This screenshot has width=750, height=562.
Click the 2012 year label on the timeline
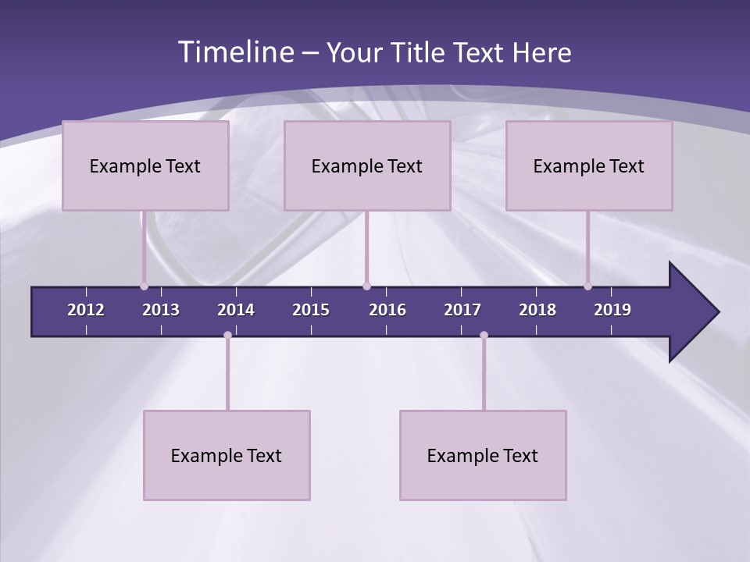coord(86,310)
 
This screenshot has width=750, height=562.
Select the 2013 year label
coord(161,310)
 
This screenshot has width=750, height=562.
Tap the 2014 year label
coord(236,310)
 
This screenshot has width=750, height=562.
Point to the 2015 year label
coord(311,310)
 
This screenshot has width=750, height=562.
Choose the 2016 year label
coord(387,310)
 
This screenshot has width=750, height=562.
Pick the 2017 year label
coord(462,310)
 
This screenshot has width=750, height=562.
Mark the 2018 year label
coord(537,310)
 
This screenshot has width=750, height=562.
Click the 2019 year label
coord(612,310)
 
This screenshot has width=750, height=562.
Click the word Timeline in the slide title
coord(235,52)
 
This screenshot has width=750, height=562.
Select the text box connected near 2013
coord(145,165)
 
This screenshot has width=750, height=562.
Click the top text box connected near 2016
coord(367,165)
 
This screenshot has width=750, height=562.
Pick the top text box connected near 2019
coord(589,165)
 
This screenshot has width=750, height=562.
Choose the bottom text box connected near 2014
coord(227,455)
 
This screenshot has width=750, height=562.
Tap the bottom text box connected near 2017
coord(483,455)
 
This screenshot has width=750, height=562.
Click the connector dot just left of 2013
coord(144,286)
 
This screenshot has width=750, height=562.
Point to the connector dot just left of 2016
coord(366,286)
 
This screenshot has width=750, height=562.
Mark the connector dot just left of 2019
coord(587,286)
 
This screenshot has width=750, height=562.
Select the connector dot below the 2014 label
coord(227,335)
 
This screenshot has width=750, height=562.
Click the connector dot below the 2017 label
coord(484,335)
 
